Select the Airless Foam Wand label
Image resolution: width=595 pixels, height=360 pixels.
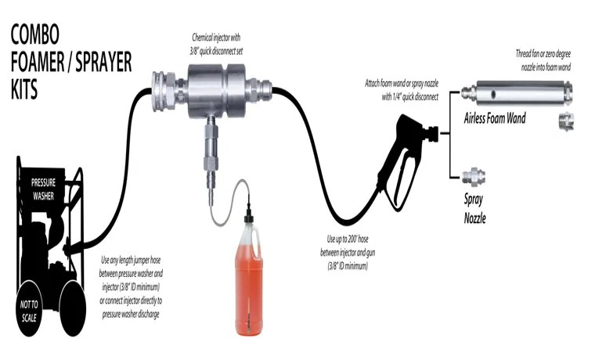tap(494, 119)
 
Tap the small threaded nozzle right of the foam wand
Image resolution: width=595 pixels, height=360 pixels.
tap(564, 120)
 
